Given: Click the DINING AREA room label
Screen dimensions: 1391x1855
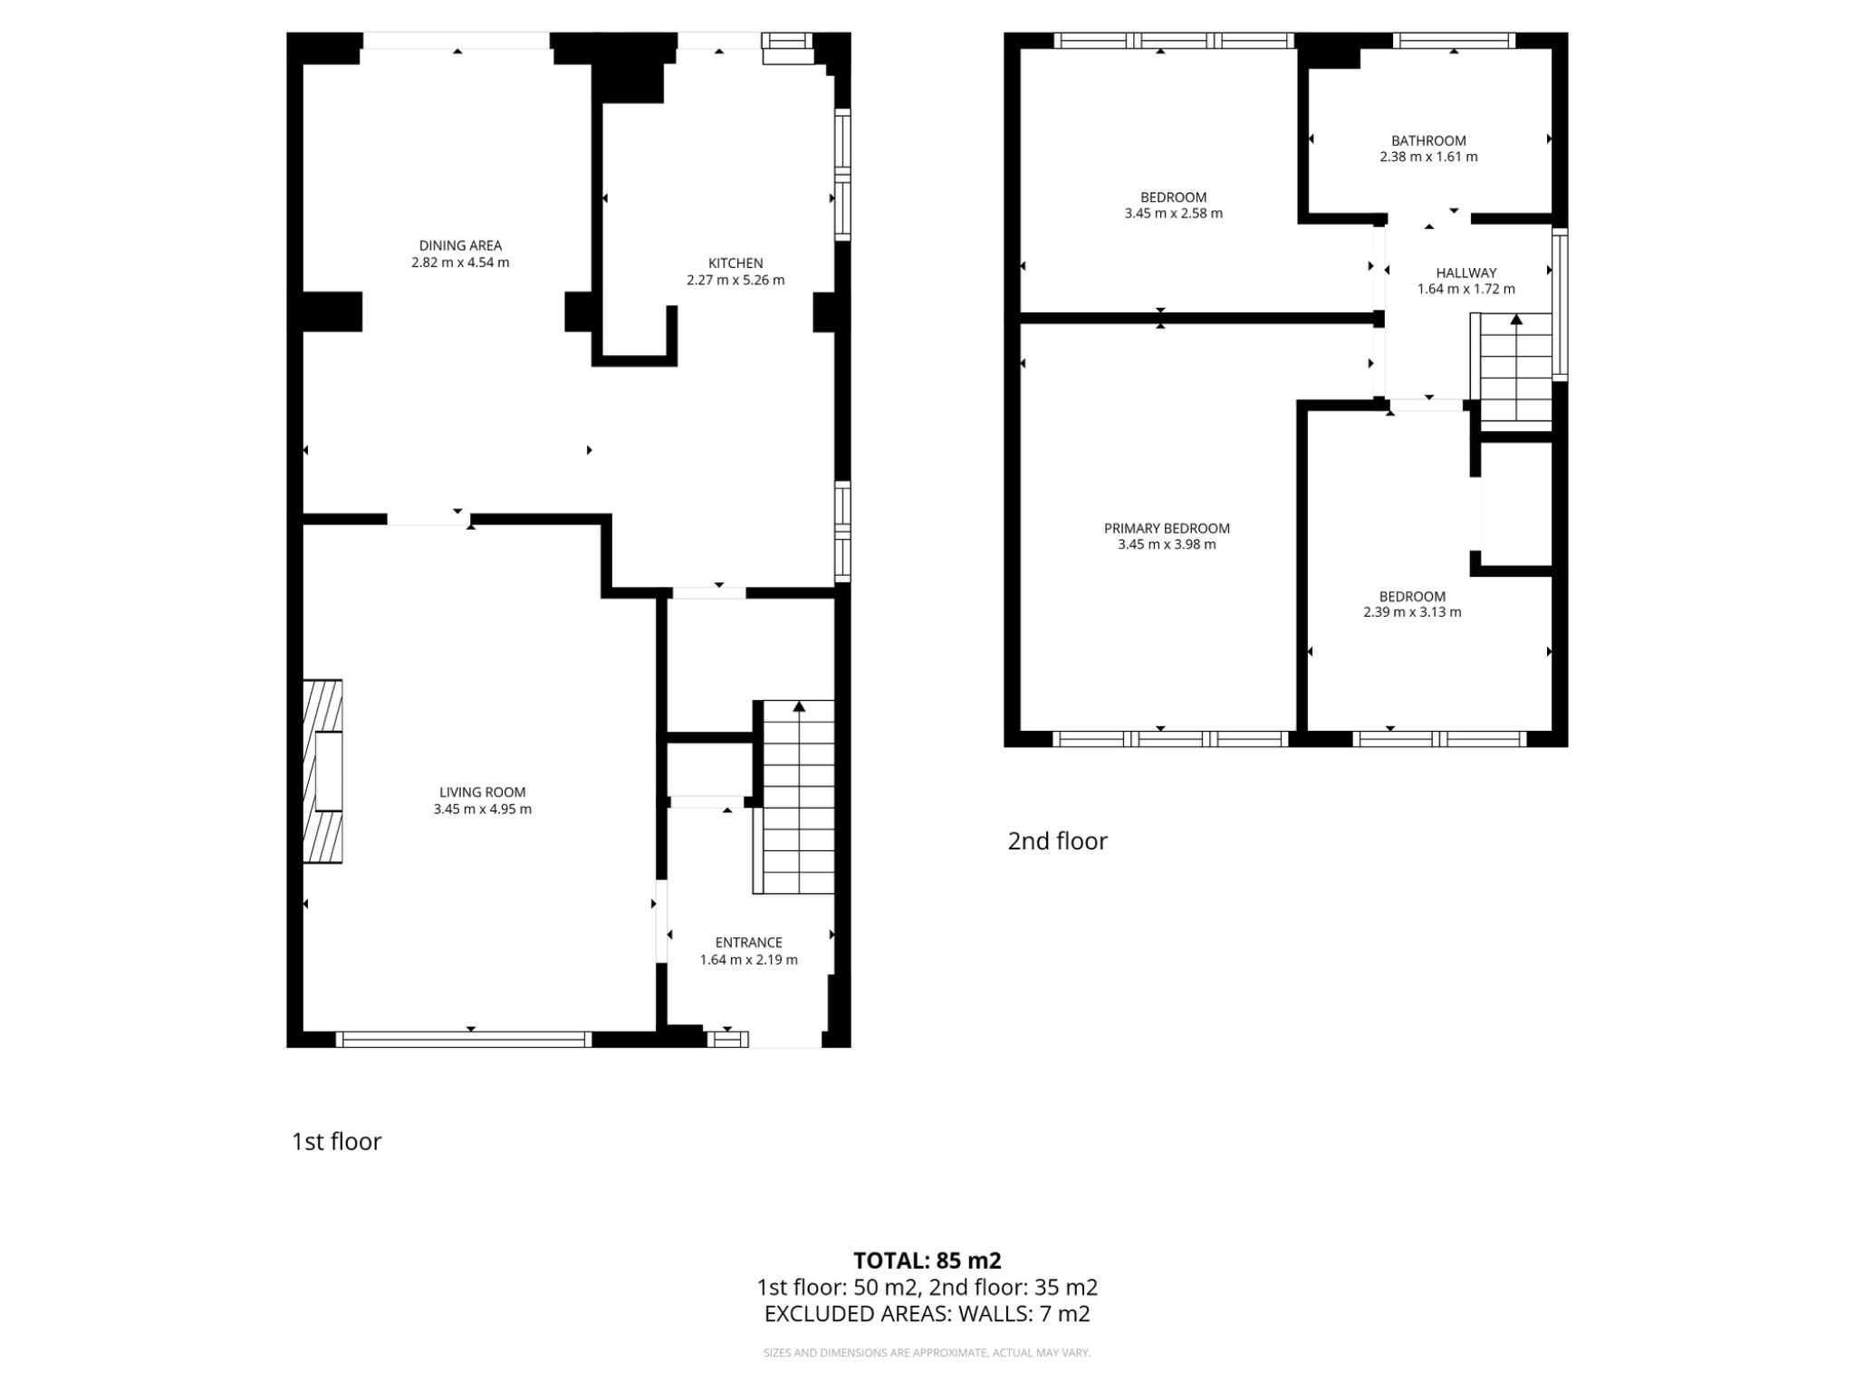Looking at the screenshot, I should point(460,245).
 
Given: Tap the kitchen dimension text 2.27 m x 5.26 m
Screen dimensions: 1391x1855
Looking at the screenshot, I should point(735,281).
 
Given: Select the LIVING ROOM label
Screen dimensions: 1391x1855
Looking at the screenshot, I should point(482,792).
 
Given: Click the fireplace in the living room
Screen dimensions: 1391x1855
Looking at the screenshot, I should point(323,771).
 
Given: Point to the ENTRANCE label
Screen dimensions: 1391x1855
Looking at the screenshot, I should point(748,943).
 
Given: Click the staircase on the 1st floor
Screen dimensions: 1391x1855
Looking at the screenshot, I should point(798,797).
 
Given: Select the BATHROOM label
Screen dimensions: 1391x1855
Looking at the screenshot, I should point(1428,140).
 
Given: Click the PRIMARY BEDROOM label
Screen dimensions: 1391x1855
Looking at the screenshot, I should point(1167,528).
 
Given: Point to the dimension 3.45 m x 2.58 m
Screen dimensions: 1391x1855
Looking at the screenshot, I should point(1173,214).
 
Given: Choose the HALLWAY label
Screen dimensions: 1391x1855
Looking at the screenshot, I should point(1466,273).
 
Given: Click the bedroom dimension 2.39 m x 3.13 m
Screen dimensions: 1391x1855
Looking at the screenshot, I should point(1412,612).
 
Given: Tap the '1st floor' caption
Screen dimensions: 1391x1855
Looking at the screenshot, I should point(336,1141).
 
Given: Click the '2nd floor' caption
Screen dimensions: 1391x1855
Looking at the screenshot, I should point(1057,841).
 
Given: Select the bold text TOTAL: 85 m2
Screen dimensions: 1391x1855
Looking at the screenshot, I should point(927,1261).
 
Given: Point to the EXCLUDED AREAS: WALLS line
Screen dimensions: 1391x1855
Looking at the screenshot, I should point(927,1314).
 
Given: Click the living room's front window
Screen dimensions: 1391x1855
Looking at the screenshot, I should point(464,1040).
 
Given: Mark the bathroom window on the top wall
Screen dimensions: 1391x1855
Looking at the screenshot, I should point(1453,40).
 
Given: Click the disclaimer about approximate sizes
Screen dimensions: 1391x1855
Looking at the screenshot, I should point(927,1353).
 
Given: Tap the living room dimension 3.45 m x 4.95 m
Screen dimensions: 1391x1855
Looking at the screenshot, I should point(482,810).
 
